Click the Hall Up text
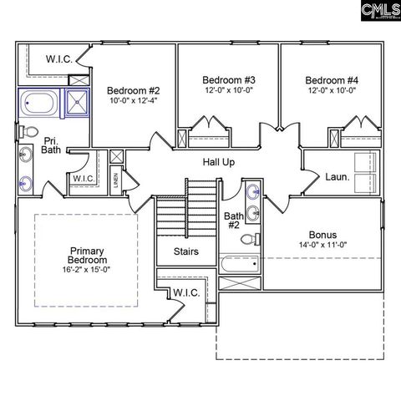tap(219, 161)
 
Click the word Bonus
tap(322, 235)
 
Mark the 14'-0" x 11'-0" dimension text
tap(322, 245)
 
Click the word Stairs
tap(185, 251)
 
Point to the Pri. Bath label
tap(51, 146)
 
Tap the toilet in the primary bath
tap(29, 132)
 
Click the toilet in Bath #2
tap(249, 241)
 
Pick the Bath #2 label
tap(233, 221)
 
